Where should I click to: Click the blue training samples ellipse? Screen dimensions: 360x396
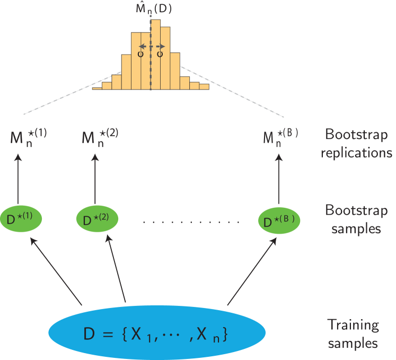pyautogui.click(x=157, y=333)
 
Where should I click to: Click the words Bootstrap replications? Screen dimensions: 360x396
pyautogui.click(x=359, y=143)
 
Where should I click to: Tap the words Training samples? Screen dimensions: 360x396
pyautogui.click(x=353, y=333)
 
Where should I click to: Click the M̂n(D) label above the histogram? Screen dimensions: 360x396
pyautogui.click(x=154, y=8)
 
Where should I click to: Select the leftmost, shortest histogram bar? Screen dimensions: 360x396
pyautogui.click(x=97, y=87)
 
